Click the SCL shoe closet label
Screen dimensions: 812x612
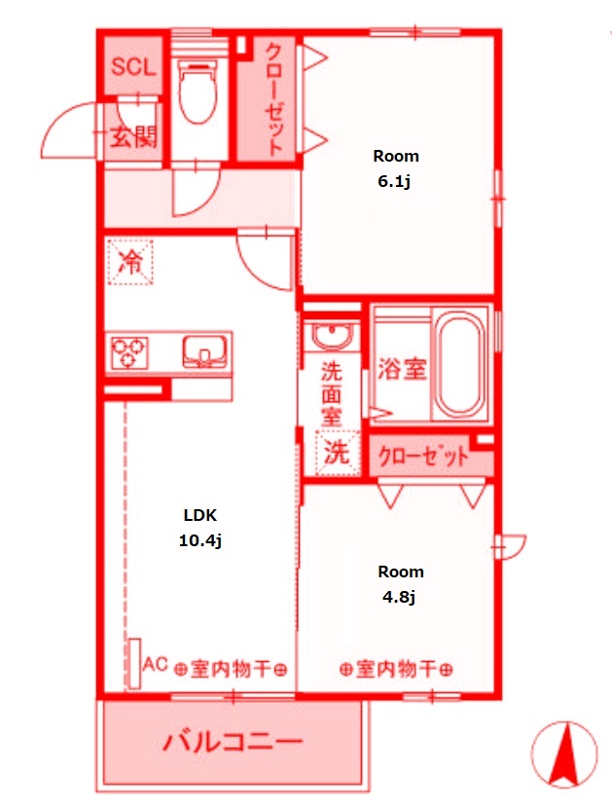(x=133, y=67)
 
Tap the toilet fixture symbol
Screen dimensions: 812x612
(x=199, y=93)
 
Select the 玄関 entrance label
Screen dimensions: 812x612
(x=132, y=136)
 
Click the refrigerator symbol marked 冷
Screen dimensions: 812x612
(x=129, y=261)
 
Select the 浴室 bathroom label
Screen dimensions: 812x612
(x=401, y=369)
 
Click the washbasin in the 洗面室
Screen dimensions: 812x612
(x=333, y=337)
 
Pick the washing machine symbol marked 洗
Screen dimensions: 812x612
(x=335, y=452)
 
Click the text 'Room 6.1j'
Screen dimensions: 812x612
(x=396, y=167)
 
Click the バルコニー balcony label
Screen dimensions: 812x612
(x=233, y=745)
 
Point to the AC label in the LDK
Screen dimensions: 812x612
(x=155, y=665)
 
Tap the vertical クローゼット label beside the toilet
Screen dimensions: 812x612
(x=275, y=98)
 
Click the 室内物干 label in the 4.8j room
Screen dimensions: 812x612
(x=396, y=670)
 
